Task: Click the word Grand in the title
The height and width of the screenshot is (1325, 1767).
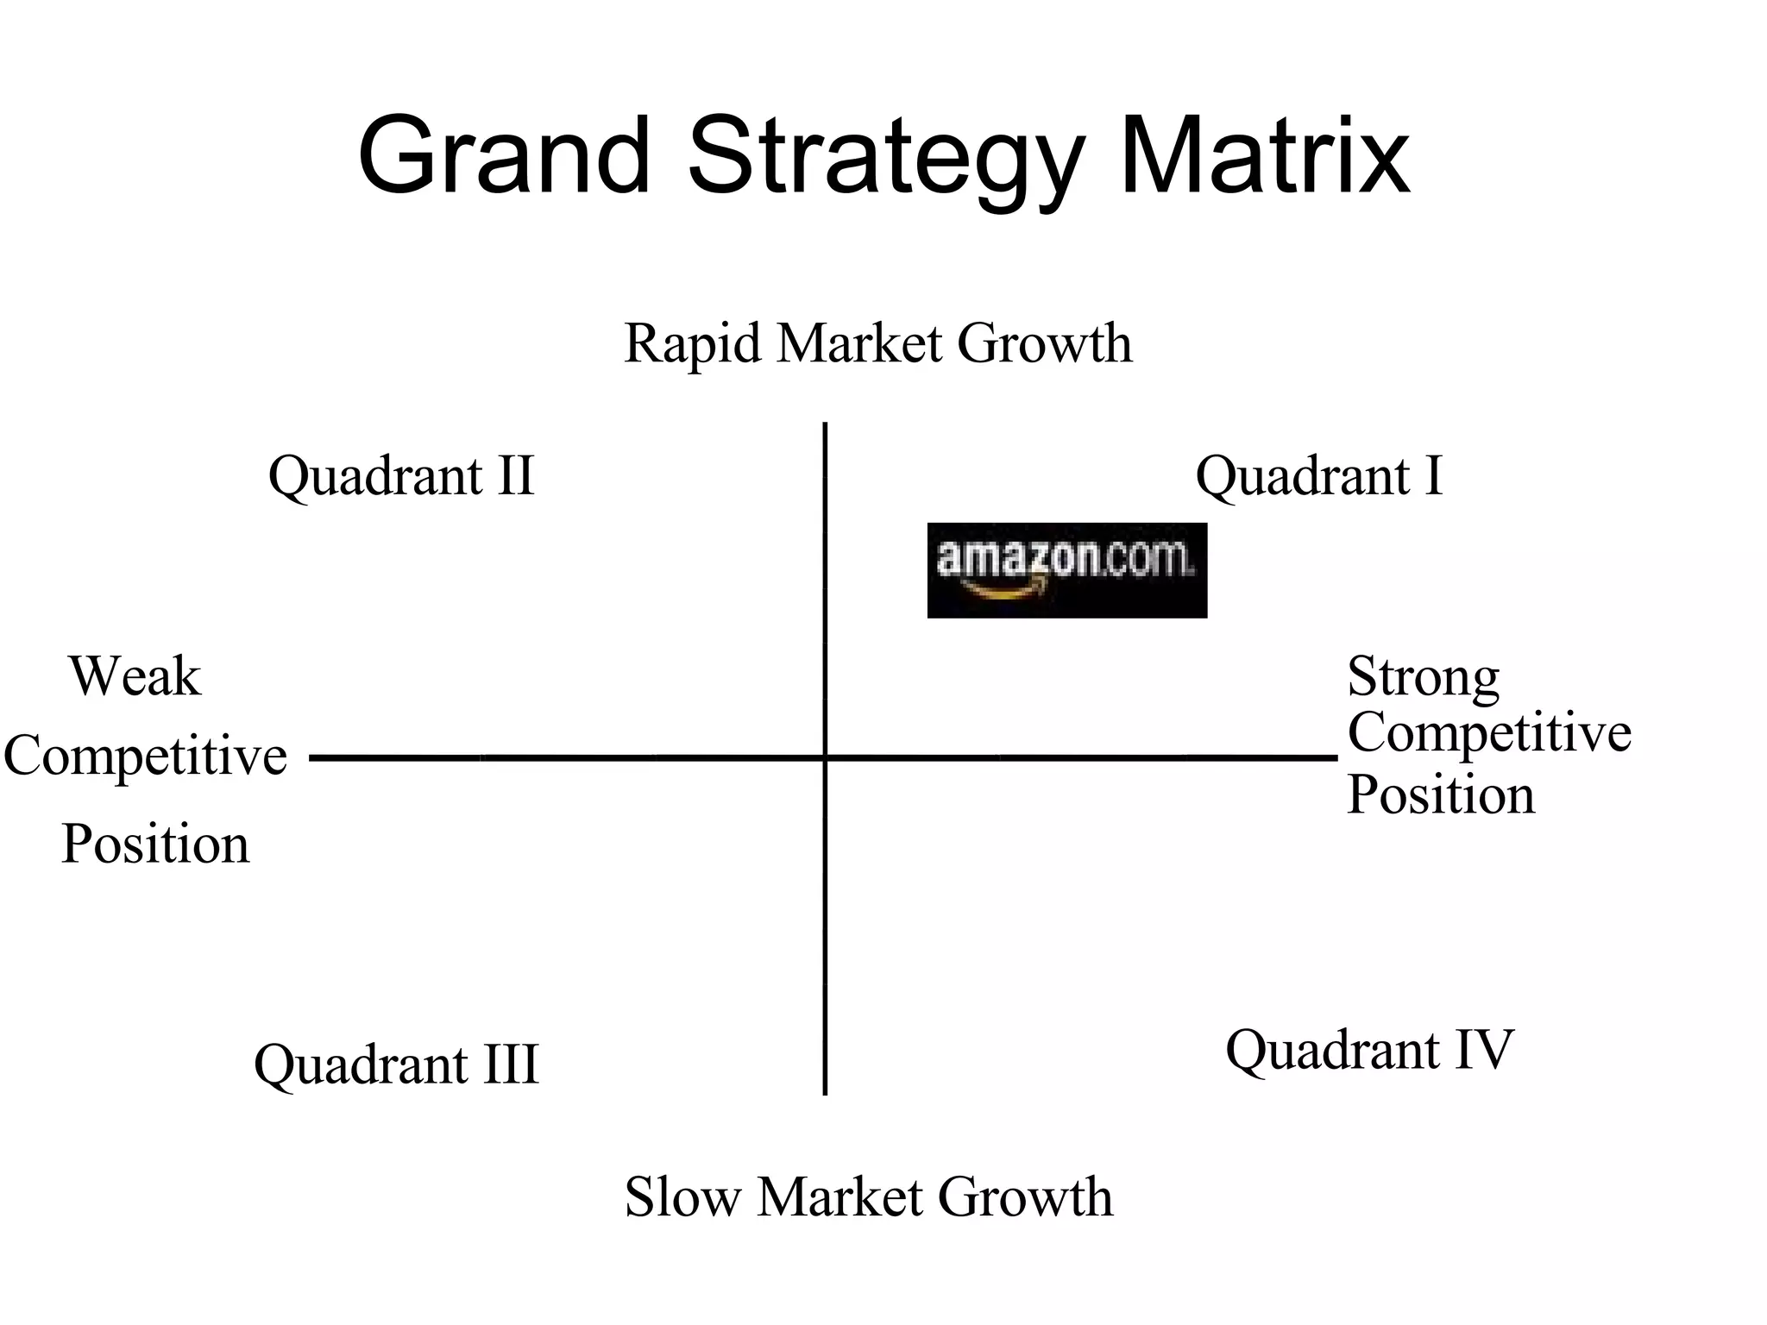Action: tap(503, 157)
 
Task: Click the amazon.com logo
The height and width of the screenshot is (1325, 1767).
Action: tap(1066, 569)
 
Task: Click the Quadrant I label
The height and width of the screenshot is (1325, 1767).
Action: tap(1318, 475)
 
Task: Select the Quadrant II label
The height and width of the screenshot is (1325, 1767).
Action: tap(401, 475)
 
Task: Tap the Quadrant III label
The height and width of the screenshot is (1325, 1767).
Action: tap(396, 1064)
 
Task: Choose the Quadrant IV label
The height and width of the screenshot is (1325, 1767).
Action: tap(1369, 1050)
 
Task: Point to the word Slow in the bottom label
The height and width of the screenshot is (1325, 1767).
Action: tap(682, 1197)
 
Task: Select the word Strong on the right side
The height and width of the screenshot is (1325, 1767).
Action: tap(1423, 676)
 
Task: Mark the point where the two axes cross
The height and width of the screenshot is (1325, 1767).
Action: tap(826, 758)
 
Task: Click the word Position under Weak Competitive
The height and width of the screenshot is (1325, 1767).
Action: tap(155, 844)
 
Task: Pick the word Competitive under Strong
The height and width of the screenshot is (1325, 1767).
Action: tap(1489, 733)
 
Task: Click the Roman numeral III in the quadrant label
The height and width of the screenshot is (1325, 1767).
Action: tap(511, 1064)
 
